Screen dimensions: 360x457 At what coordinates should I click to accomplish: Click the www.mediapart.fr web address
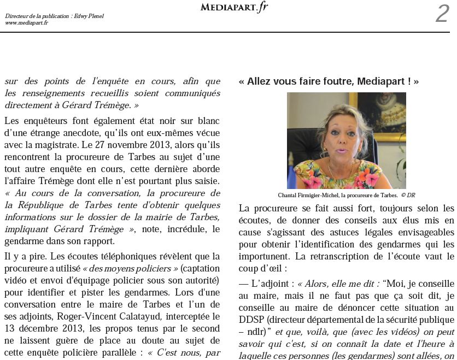[x=26, y=23]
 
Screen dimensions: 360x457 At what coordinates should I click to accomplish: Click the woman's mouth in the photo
[x=343, y=151]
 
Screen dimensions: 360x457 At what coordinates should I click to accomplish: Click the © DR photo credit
[x=408, y=195]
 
